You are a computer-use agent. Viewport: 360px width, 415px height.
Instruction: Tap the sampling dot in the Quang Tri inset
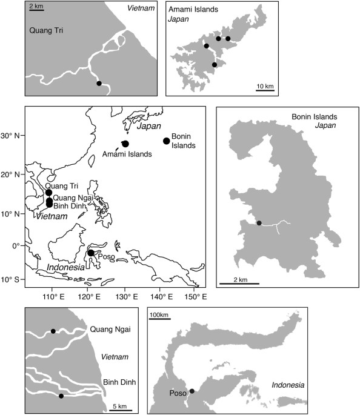tap(99, 84)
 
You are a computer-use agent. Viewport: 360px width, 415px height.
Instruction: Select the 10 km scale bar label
tap(265, 85)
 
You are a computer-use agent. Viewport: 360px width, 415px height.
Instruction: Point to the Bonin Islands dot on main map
tap(167, 141)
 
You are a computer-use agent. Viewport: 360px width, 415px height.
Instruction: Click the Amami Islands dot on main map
tap(125, 144)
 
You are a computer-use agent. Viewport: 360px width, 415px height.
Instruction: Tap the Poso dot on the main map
tap(91, 253)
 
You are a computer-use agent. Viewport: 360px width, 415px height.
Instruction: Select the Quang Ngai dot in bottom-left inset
tap(53, 331)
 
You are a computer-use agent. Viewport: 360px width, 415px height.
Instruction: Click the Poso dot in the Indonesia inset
tap(192, 391)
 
